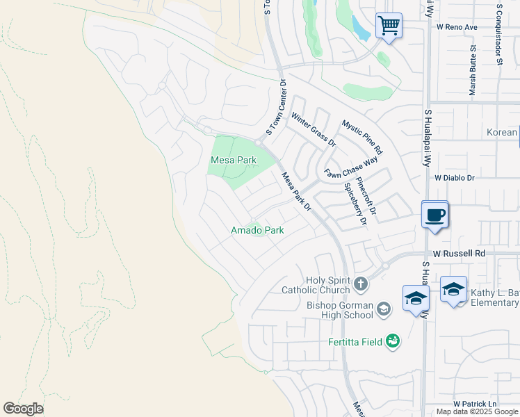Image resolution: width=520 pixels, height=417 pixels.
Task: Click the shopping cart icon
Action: point(389,26)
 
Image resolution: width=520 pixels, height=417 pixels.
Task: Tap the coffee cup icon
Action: point(435,215)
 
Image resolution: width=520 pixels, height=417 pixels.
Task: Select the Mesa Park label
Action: point(233,161)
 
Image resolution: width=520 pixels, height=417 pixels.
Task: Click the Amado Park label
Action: point(257,230)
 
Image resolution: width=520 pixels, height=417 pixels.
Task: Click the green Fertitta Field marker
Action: point(393,341)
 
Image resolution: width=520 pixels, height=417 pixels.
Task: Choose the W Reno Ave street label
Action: point(457,27)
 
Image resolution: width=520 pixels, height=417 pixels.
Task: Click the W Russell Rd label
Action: point(457,254)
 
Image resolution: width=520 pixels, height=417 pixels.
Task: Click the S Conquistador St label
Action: point(499,33)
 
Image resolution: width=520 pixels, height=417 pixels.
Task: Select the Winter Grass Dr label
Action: point(313,129)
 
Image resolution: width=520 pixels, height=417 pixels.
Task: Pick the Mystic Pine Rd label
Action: point(361,137)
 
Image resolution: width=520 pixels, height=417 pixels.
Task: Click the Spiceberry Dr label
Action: point(355,204)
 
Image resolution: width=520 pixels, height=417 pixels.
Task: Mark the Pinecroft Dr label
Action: point(366,195)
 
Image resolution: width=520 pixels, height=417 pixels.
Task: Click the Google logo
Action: point(23,409)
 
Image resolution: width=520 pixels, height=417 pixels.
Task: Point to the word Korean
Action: point(501,133)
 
